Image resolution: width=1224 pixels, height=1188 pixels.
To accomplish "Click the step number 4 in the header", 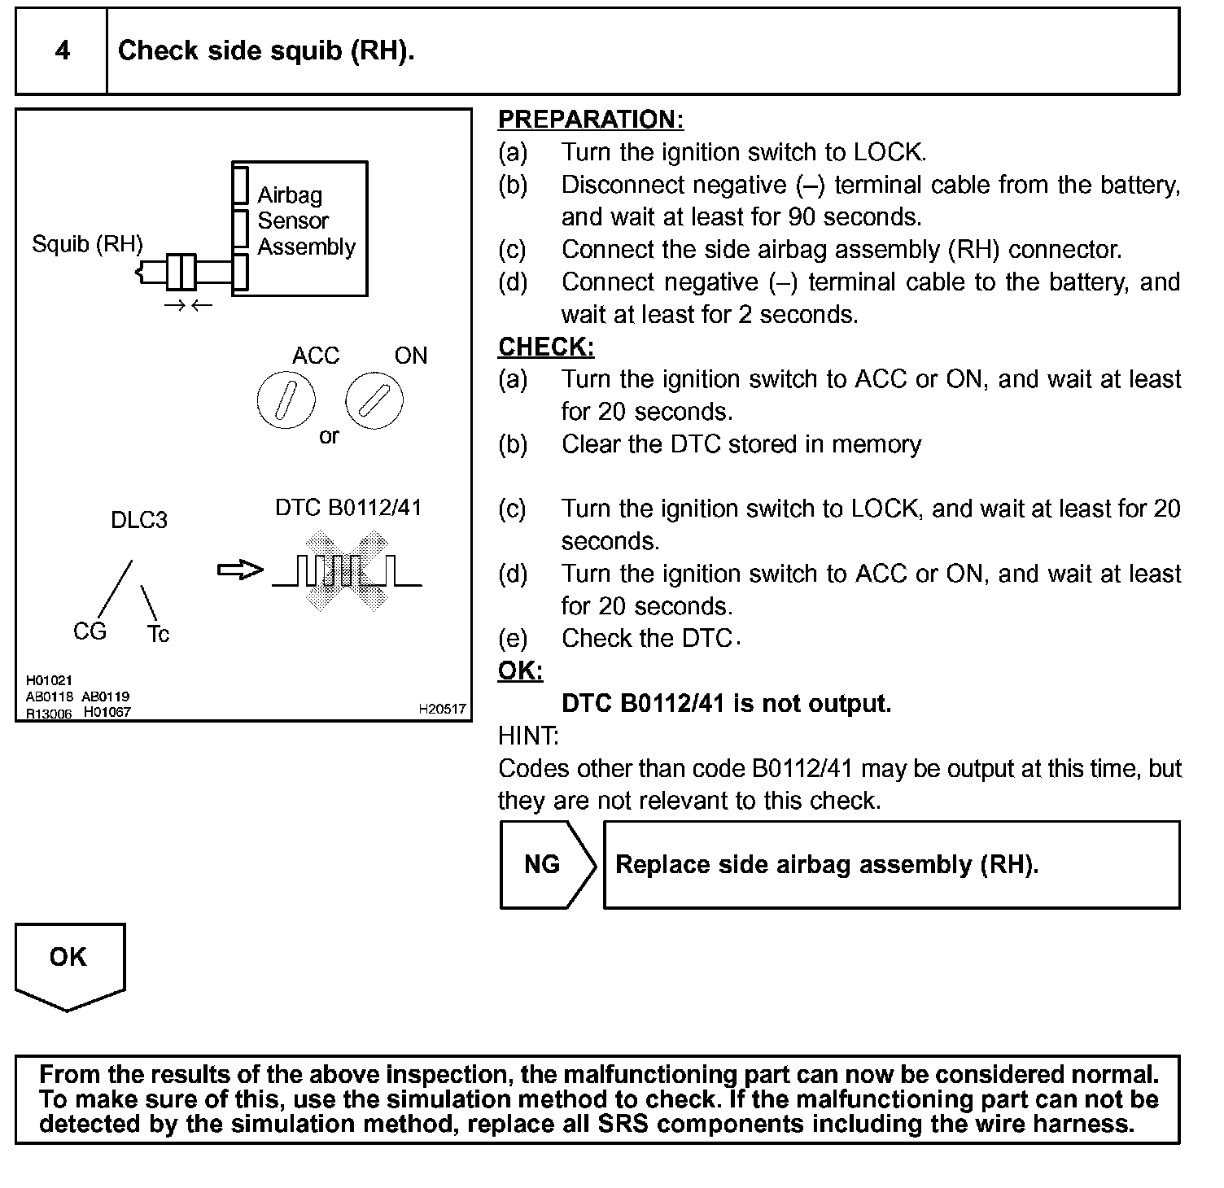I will pyautogui.click(x=63, y=51).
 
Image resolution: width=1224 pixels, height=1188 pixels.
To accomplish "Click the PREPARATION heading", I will pyautogui.click(x=590, y=120).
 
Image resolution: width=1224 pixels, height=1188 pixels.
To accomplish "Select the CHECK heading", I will pyautogui.click(x=546, y=347).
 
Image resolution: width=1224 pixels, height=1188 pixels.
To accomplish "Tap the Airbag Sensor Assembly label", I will pyautogui.click(x=306, y=221).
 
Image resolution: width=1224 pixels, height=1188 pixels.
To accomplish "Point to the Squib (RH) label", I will pyautogui.click(x=87, y=244).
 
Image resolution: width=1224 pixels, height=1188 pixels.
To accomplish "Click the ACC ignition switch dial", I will pyautogui.click(x=286, y=402).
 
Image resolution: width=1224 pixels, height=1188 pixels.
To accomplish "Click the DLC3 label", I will pyautogui.click(x=139, y=521).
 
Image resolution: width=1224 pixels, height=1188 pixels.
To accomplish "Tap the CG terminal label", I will pyautogui.click(x=90, y=631).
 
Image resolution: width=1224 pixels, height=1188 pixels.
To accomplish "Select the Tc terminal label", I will pyautogui.click(x=158, y=634).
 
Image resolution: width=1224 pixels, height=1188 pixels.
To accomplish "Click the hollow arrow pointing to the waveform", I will pyautogui.click(x=240, y=570).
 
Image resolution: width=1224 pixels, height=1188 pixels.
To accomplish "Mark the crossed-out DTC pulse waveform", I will pyautogui.click(x=346, y=570).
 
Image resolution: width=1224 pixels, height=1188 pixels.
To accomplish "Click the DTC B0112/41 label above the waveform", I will pyautogui.click(x=348, y=508).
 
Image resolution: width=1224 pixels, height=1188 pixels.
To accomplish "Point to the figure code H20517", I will pyautogui.click(x=443, y=710).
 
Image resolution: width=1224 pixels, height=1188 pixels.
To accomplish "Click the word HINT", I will pyautogui.click(x=528, y=736).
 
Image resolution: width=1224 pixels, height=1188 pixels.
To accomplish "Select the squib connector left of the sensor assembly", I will pyautogui.click(x=180, y=272).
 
